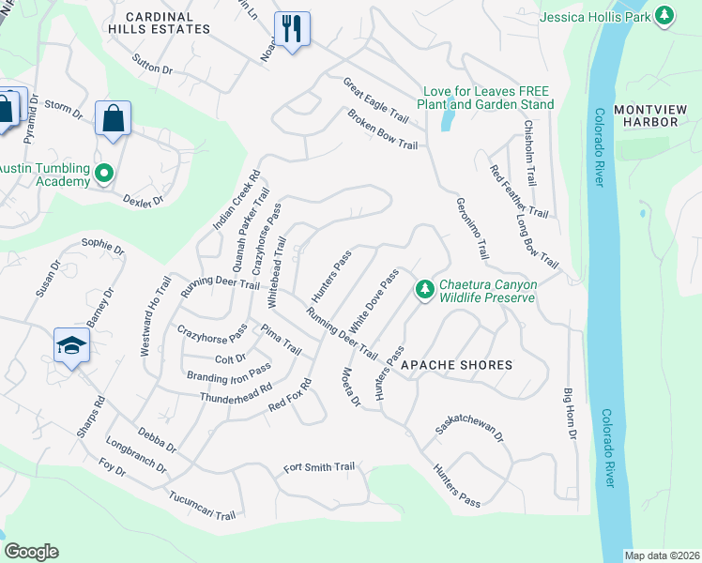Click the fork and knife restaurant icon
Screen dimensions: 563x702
[292, 29]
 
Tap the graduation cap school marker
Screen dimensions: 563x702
[71, 345]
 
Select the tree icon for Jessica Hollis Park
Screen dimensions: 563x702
[664, 15]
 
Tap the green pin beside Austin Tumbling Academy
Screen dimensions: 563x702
[104, 173]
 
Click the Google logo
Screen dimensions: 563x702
[31, 552]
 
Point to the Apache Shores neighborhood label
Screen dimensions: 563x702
[457, 364]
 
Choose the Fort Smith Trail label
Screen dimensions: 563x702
[319, 467]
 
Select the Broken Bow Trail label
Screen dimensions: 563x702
[382, 129]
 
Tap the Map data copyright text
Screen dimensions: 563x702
[661, 555]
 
